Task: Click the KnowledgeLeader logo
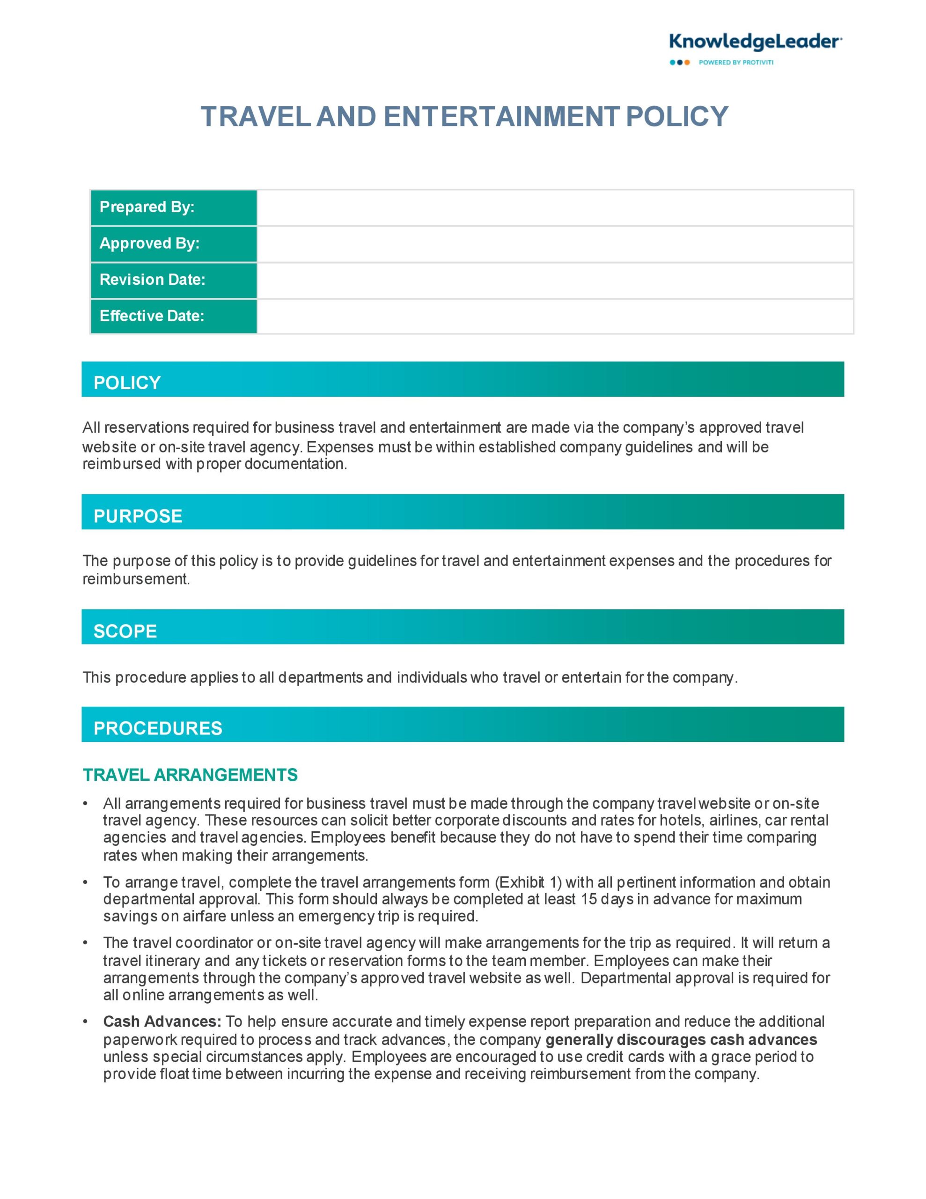755,42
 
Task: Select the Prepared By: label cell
174,207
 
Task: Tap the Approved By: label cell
174,244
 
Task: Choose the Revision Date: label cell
174,280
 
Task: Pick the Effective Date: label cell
174,316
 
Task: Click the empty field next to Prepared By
555,207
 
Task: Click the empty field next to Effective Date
555,316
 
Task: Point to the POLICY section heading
127,383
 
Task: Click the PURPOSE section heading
138,516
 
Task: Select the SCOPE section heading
125,631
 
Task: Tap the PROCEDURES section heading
158,728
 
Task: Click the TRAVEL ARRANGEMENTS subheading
190,775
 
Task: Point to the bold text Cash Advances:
162,1021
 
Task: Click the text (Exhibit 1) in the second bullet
528,882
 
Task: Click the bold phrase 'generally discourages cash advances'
681,1040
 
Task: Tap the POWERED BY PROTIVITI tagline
735,63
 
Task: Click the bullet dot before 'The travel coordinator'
86,943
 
